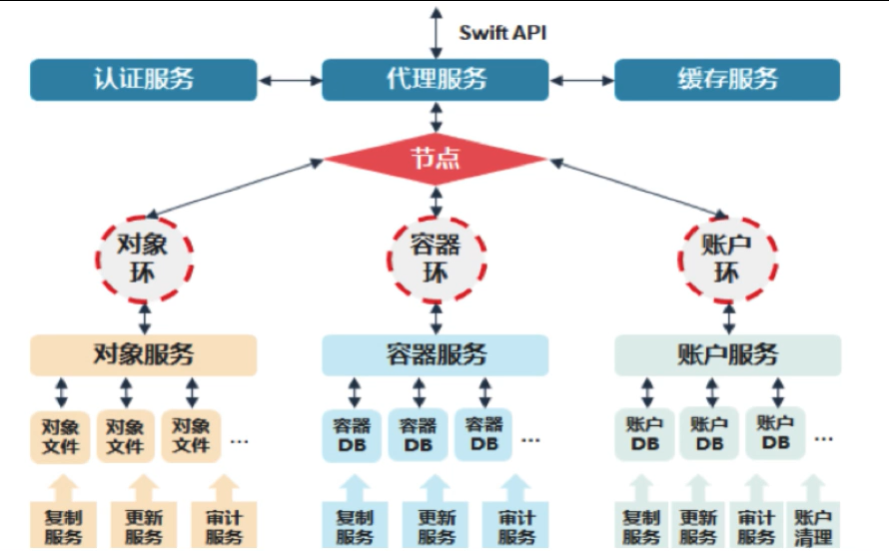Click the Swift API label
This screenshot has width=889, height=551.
pos(501,32)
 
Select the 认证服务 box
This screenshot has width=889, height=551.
pos(143,80)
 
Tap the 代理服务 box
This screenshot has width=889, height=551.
pos(436,80)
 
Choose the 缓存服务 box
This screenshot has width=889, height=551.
pos(726,80)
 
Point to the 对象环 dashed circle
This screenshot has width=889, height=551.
pos(144,259)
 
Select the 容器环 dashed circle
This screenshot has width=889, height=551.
pos(436,259)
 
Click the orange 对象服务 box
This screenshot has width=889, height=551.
pos(143,354)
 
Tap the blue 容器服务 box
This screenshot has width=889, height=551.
pos(436,354)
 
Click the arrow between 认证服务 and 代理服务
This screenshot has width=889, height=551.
pos(289,80)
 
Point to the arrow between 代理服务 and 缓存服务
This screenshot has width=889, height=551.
pos(581,80)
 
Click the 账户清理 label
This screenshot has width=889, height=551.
pos(811,527)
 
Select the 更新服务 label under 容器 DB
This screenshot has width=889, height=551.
pos(436,527)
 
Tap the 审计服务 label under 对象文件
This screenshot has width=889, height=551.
pos(224,527)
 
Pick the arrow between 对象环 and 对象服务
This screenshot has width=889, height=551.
pos(144,317)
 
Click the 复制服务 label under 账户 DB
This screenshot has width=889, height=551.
pos(641,527)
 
